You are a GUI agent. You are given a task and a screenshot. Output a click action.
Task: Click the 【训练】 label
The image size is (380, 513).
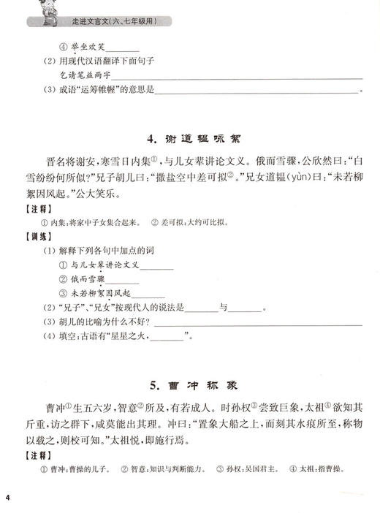coord(34,237)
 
